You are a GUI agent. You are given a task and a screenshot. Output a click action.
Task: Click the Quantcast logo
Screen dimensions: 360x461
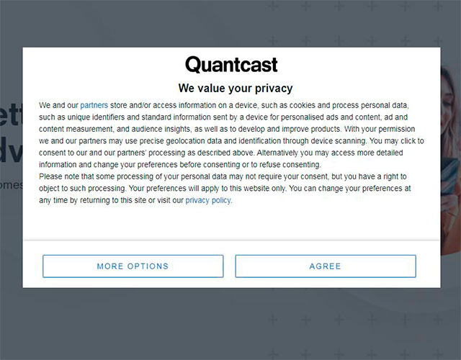click(231, 65)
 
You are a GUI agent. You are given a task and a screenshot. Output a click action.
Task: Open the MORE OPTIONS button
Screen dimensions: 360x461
click(133, 266)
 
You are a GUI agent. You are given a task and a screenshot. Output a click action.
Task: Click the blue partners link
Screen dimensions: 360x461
click(94, 105)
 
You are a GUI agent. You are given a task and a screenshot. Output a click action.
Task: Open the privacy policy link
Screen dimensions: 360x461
click(208, 201)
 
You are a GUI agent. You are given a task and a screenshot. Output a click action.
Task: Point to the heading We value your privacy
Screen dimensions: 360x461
click(236, 89)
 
